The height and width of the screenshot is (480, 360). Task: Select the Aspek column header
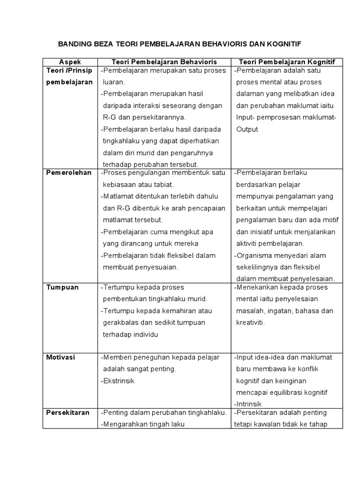click(x=70, y=62)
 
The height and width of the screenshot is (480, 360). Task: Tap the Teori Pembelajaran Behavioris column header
click(x=164, y=62)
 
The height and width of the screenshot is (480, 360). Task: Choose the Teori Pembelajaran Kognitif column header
click(x=290, y=62)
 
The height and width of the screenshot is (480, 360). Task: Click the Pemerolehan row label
click(x=68, y=172)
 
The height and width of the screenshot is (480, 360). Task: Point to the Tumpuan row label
click(x=62, y=287)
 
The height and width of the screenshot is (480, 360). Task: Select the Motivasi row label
click(x=60, y=357)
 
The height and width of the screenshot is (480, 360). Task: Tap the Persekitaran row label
click(x=68, y=412)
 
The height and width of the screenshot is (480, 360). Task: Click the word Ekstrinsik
click(x=119, y=381)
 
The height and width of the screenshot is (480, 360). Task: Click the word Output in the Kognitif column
click(x=247, y=129)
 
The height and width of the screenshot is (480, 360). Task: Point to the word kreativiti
click(x=250, y=322)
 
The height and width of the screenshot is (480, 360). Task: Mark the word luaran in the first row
click(x=113, y=82)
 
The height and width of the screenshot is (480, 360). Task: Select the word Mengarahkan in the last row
click(x=124, y=424)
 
